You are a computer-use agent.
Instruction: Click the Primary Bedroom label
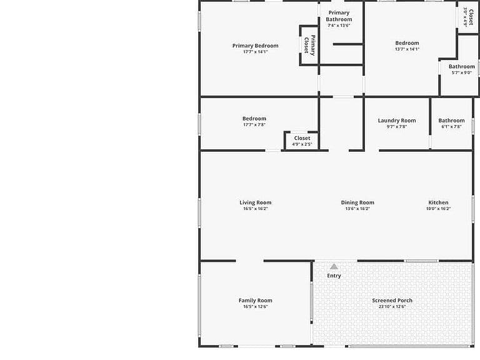(x=255, y=46)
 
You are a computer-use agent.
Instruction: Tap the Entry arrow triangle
(x=334, y=267)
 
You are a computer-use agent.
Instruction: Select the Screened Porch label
(x=392, y=300)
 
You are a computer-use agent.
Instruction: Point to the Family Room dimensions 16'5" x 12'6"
(x=255, y=306)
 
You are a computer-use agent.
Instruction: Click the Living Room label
(x=255, y=202)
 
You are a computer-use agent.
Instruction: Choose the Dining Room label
(x=357, y=202)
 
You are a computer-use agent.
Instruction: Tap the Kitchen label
(x=438, y=202)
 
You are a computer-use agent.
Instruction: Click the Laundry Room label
(x=397, y=120)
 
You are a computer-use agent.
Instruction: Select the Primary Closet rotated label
(x=309, y=45)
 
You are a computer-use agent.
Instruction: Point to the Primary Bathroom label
(x=339, y=16)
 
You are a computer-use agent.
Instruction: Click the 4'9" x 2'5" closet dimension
(x=302, y=144)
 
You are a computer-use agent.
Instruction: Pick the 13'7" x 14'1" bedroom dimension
(x=407, y=49)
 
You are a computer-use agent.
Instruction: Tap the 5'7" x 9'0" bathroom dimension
(x=462, y=72)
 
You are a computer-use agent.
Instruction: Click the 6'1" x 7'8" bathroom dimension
(x=451, y=126)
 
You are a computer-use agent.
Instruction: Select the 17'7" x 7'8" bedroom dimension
(x=254, y=124)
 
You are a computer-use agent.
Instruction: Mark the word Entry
(x=334, y=276)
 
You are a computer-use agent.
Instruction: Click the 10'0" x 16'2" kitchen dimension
(x=438, y=209)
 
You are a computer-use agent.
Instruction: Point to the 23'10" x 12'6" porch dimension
(x=392, y=306)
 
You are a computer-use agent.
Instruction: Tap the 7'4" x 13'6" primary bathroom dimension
(x=339, y=26)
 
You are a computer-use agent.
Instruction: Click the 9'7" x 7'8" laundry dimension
(x=397, y=126)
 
